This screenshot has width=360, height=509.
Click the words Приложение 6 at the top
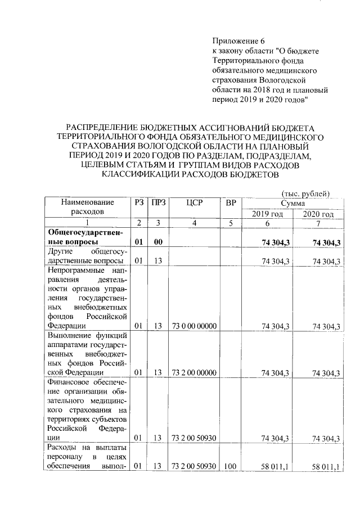coord(237,41)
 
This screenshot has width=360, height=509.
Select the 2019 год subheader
coord(267,214)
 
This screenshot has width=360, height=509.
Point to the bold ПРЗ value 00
coord(158,242)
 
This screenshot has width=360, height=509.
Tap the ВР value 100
coord(230,466)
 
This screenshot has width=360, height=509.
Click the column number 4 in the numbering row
coord(193,224)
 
